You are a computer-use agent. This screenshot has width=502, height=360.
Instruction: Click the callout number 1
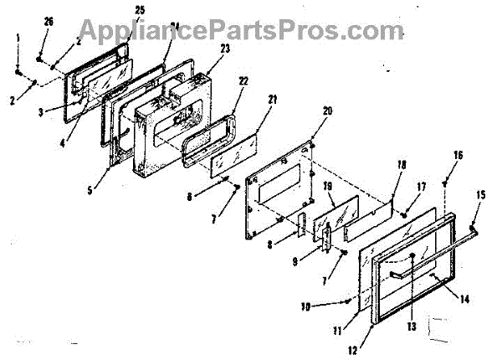[17, 38]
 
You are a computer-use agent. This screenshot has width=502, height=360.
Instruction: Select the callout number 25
[139, 9]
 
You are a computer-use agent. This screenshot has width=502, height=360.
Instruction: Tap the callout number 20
[327, 111]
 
